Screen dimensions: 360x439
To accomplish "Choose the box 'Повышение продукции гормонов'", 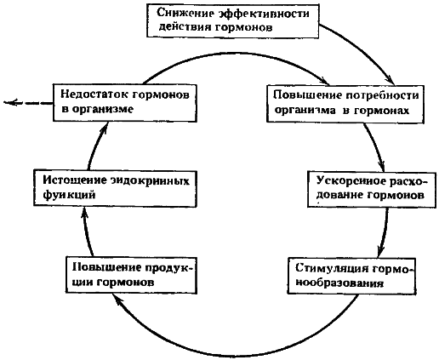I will pyautogui.click(x=130, y=273).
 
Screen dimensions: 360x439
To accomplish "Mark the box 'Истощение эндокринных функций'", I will pyautogui.click(x=110, y=186).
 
